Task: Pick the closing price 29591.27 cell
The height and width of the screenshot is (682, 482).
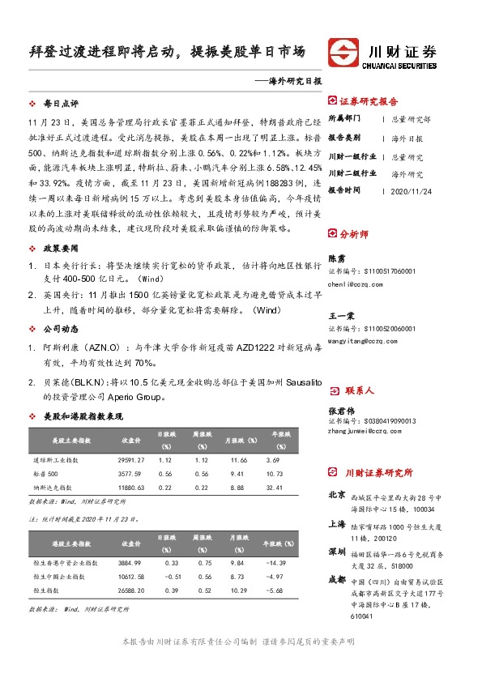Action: [132, 459]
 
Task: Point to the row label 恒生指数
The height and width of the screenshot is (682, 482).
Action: [47, 591]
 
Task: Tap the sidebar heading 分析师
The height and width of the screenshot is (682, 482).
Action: [354, 234]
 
